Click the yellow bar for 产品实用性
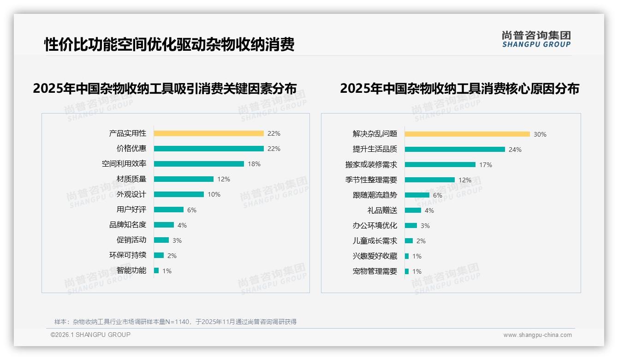point(208,133)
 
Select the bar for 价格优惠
point(208,149)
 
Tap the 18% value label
point(254,164)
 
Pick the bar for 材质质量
point(184,179)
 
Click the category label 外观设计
point(131,194)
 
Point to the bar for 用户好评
point(168,210)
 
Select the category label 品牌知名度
point(127,225)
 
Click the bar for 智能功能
point(156,270)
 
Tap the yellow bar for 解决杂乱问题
point(467,134)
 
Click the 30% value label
point(540,134)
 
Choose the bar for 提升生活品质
point(455,150)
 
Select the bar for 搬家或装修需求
point(440,165)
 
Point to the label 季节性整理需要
point(371,180)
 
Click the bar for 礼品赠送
point(413,210)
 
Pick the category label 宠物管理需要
point(374,271)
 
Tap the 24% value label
point(515,150)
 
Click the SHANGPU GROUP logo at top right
point(536,39)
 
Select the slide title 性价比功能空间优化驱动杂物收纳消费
point(169,45)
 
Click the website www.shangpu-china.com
point(537,335)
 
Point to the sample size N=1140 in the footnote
point(177,322)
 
